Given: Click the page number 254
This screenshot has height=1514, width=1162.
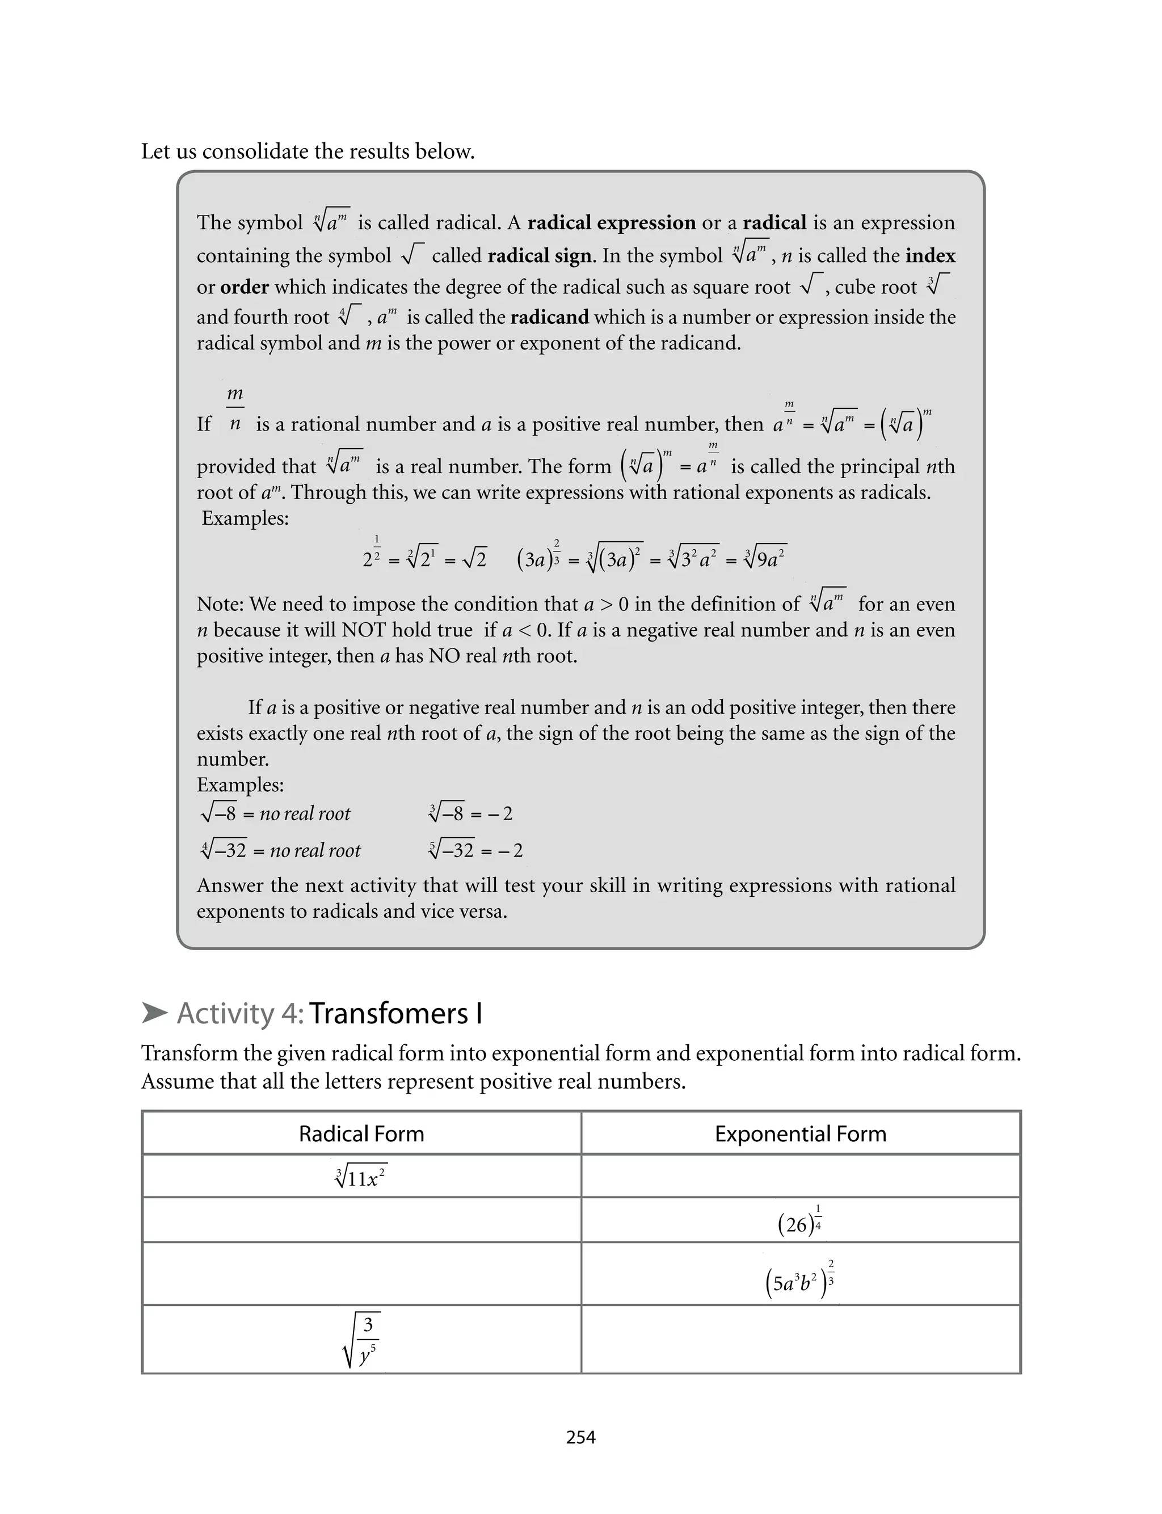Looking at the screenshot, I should click(580, 1437).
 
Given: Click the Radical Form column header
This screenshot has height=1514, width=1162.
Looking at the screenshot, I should click(361, 1134).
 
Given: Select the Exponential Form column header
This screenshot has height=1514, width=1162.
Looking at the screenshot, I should click(800, 1134).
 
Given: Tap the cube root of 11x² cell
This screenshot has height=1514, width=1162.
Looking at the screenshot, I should click(361, 1177).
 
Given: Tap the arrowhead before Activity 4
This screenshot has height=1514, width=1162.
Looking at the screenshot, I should click(154, 1014).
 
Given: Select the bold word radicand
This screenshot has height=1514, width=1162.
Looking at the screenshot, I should click(549, 317).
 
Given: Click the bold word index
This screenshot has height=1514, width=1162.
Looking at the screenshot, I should click(931, 256).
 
